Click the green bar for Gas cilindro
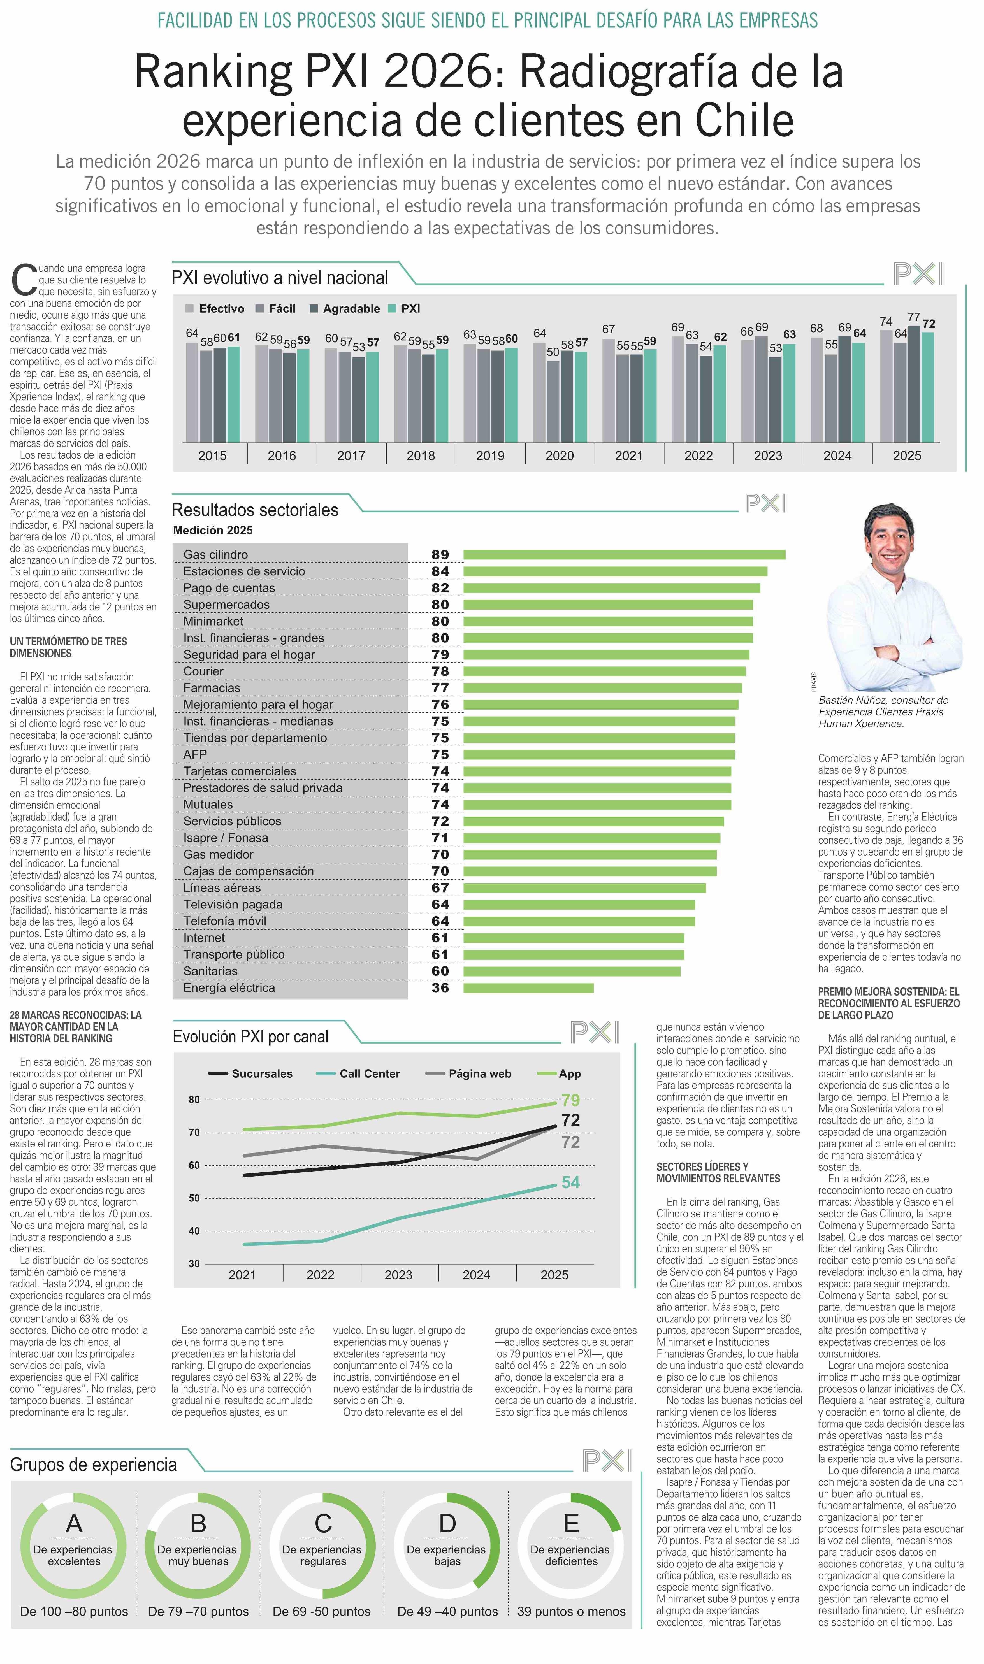pyautogui.click(x=623, y=554)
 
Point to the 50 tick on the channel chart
pyautogui.click(x=194, y=1198)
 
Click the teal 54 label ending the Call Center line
pyautogui.click(x=570, y=1182)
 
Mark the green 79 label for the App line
pyautogui.click(x=570, y=1100)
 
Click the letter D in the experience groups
pyautogui.click(x=447, y=1523)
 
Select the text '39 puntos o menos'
pyautogui.click(x=571, y=1611)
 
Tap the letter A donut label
pyautogui.click(x=74, y=1523)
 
